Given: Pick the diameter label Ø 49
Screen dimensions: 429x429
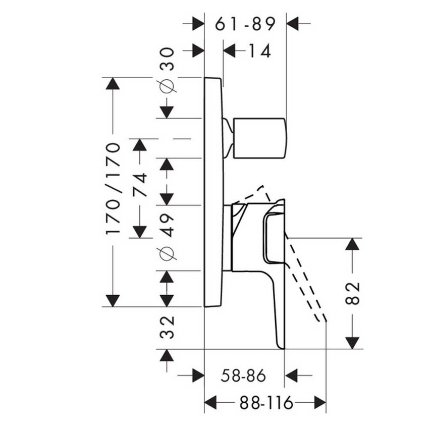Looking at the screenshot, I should pyautogui.click(x=167, y=237).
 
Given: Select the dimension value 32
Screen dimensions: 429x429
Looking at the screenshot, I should pyautogui.click(x=167, y=327).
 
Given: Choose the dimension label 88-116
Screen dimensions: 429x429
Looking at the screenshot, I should pyautogui.click(x=265, y=403).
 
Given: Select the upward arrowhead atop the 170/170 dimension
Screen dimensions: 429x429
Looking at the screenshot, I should pyautogui.click(x=113, y=84).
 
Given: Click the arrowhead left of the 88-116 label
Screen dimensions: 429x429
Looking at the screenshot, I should pyautogui.click(x=211, y=402).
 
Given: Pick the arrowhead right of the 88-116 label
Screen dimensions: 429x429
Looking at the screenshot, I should pyautogui.click(x=319, y=402).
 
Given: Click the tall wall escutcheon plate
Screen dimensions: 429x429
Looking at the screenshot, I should pyautogui.click(x=213, y=192).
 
